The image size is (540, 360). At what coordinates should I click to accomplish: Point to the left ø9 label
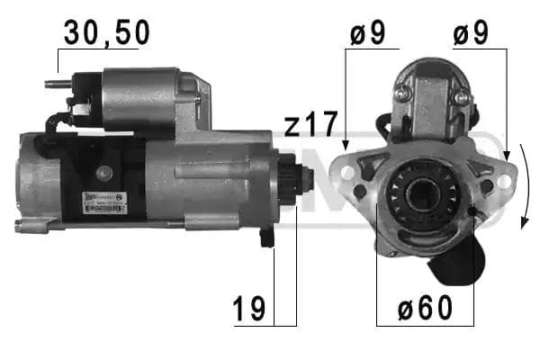[x=366, y=33]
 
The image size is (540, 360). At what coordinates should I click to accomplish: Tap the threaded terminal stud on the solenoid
[x=55, y=85]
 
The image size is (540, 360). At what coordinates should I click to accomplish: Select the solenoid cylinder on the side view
[x=142, y=97]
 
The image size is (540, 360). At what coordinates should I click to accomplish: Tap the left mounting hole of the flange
[x=346, y=167]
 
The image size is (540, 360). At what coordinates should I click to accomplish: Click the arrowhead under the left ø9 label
[x=346, y=145]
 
